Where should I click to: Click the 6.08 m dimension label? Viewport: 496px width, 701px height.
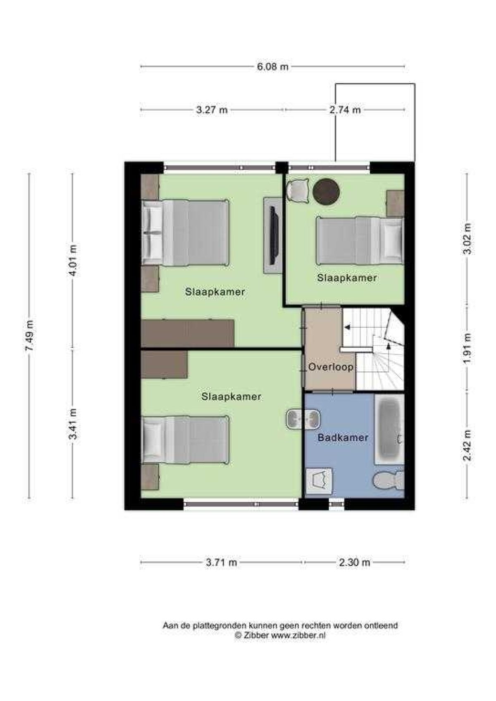[x=272, y=67]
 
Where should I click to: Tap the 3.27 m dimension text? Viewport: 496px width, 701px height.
[x=212, y=110]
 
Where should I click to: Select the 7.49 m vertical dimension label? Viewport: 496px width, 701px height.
[x=29, y=335]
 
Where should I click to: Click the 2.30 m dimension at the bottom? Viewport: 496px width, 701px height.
[x=354, y=562]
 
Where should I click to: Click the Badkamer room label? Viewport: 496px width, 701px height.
[x=343, y=437]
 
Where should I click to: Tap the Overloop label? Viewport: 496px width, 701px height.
[x=331, y=367]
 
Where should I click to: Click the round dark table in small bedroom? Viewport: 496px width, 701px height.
[x=326, y=191]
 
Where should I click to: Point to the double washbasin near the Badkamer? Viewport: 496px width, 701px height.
[x=303, y=419]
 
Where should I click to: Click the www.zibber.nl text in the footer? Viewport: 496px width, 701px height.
[x=298, y=636]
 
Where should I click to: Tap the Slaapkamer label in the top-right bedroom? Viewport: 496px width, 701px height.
[x=347, y=278]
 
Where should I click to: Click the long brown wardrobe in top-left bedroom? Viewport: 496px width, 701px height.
[x=188, y=333]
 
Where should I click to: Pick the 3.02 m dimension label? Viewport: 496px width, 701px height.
[x=467, y=239]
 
